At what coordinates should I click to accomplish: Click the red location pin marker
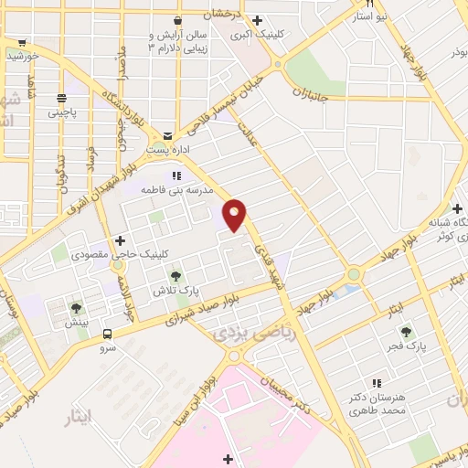click(x=235, y=215)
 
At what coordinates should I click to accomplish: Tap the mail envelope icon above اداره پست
click(x=166, y=134)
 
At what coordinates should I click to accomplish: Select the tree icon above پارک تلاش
click(x=175, y=276)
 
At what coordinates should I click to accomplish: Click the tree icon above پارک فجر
click(x=407, y=332)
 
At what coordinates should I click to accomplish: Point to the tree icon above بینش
click(x=76, y=308)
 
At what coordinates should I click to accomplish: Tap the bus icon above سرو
click(x=108, y=335)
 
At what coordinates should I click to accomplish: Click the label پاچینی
click(x=63, y=113)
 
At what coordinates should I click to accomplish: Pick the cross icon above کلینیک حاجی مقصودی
click(x=120, y=240)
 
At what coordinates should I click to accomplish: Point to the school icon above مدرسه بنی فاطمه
click(x=176, y=175)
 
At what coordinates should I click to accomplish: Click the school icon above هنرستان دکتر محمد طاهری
click(x=376, y=383)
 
